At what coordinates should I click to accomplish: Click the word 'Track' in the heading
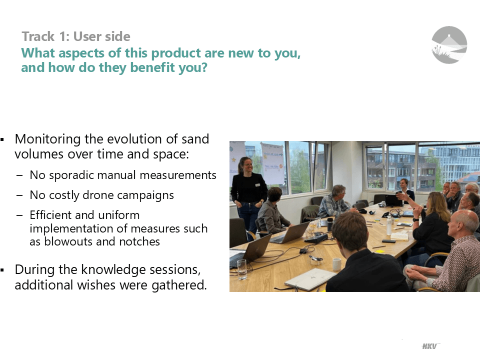(x=38, y=36)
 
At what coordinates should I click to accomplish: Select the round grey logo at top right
(x=449, y=44)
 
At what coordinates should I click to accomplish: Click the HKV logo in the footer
(x=430, y=346)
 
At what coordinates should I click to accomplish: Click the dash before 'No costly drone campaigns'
(x=19, y=195)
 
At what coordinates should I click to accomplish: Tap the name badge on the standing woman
(x=257, y=185)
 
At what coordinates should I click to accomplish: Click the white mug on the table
(x=336, y=264)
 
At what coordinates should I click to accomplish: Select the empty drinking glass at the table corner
(x=241, y=269)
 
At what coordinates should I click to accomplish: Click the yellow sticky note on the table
(x=380, y=251)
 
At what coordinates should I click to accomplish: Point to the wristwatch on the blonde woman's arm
(x=415, y=220)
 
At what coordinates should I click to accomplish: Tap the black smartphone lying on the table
(x=389, y=241)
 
